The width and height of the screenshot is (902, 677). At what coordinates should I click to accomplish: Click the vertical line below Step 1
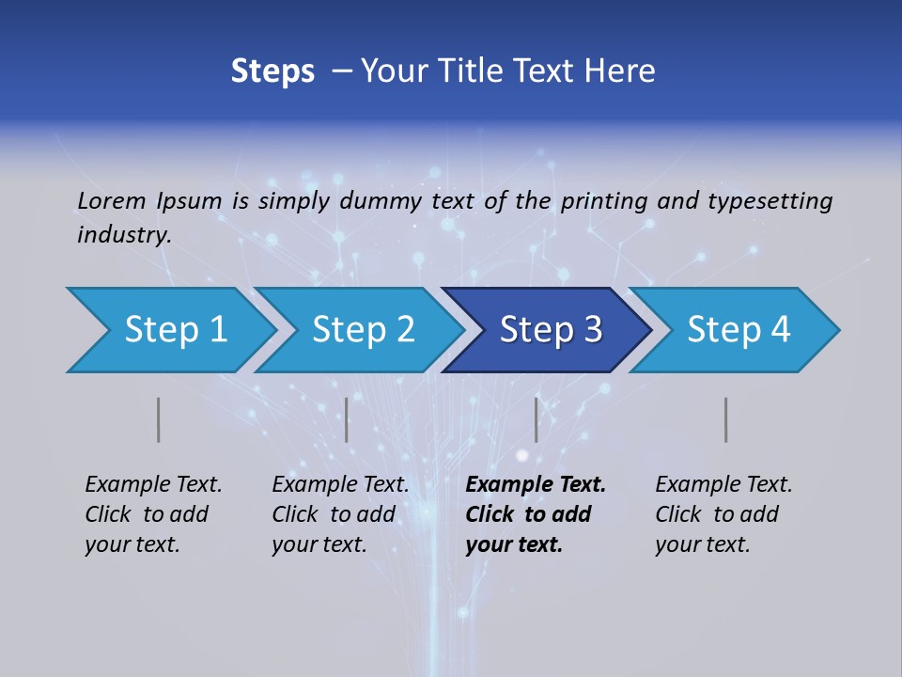[159, 419]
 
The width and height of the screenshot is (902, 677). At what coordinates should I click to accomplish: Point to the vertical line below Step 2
[347, 419]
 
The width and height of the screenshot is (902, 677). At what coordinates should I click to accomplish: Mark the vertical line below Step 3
[537, 419]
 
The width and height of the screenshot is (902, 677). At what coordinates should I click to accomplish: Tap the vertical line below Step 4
[726, 419]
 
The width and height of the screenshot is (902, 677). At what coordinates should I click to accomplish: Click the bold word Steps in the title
[272, 71]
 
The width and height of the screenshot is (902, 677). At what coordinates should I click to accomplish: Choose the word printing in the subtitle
[603, 200]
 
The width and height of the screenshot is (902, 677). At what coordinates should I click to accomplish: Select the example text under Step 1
[153, 514]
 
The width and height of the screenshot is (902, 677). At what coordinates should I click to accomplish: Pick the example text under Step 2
[340, 514]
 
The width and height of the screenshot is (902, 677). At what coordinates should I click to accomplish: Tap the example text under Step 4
[723, 514]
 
